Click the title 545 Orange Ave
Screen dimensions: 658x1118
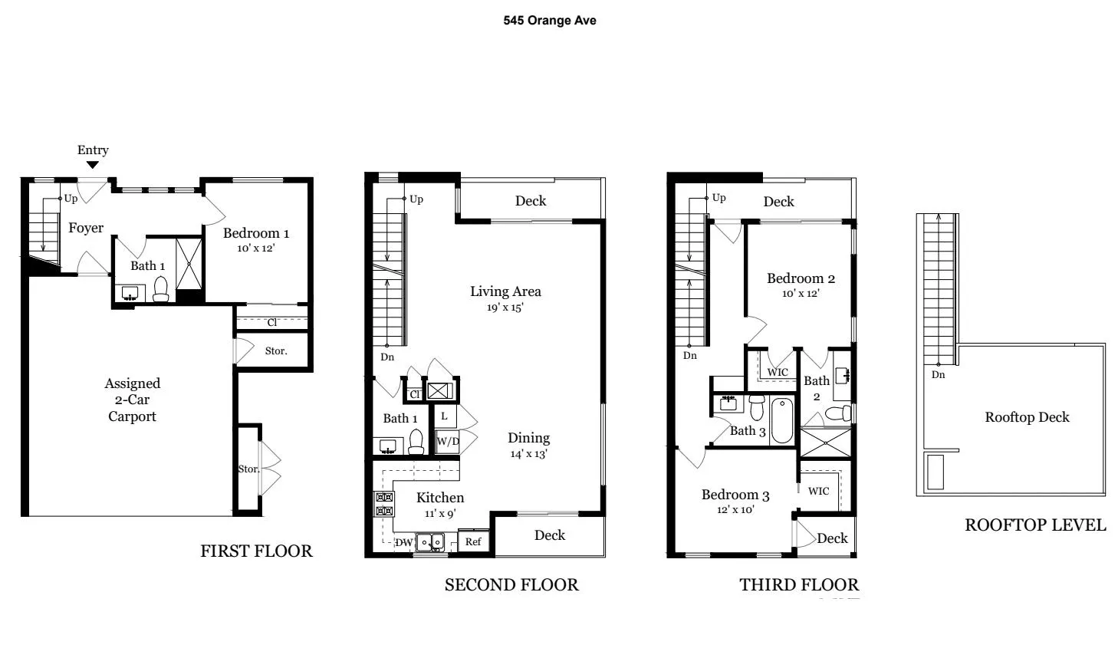549,21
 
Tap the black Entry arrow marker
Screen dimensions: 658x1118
92,164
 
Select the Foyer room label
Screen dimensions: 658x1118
86,228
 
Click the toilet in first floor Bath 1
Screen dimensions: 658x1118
160,289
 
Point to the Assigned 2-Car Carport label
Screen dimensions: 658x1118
132,400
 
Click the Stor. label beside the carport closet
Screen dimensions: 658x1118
275,350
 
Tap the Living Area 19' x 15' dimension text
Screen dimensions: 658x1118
505,308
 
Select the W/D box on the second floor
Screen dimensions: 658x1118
448,441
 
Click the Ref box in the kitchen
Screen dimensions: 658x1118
473,541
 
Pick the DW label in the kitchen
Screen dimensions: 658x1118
403,542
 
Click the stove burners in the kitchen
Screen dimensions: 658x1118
383,504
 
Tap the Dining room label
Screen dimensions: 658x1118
528,438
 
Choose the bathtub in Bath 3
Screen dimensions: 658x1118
781,419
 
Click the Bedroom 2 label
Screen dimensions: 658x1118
801,278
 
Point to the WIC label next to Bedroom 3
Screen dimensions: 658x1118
818,491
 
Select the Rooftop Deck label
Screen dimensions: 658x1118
1027,417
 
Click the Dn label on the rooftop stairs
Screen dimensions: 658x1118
939,375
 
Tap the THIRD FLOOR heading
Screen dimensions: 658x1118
798,584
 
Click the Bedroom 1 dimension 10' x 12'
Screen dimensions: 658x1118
255,248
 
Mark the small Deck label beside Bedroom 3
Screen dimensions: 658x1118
832,538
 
